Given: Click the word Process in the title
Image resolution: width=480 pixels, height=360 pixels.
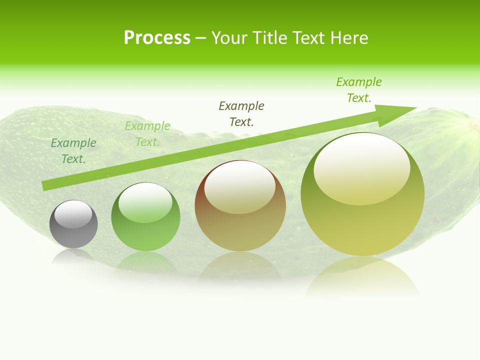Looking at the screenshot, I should click(x=157, y=38).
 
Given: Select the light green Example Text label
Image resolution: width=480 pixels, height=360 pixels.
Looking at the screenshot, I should click(x=147, y=134).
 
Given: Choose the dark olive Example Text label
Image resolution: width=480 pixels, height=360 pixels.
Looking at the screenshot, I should click(x=241, y=114).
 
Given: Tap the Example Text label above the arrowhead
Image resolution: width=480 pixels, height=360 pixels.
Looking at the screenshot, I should click(x=359, y=90).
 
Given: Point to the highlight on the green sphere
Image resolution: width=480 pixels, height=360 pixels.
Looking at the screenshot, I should click(x=145, y=202).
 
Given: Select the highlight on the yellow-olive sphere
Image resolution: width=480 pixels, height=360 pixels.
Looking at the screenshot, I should click(x=361, y=169).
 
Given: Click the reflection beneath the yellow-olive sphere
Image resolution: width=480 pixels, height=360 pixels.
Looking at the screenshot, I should click(x=362, y=277).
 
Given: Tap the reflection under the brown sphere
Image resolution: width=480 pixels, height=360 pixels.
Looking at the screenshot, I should click(x=240, y=267).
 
